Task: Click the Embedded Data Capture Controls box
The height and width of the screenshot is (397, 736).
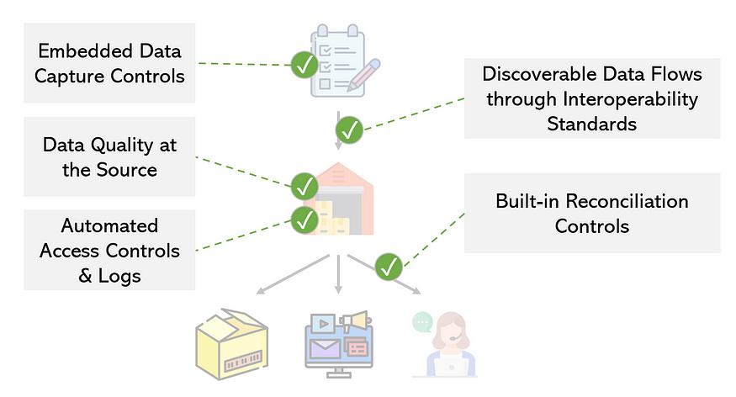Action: tap(109, 63)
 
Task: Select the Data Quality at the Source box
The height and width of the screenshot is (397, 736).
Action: tap(109, 157)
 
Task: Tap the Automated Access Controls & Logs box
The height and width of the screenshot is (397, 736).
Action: tap(109, 250)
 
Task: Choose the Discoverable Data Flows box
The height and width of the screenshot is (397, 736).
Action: tap(592, 99)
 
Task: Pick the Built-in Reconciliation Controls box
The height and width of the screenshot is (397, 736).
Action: tap(592, 214)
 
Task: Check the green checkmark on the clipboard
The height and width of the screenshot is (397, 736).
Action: tap(304, 65)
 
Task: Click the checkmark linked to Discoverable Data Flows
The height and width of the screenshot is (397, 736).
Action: tap(349, 130)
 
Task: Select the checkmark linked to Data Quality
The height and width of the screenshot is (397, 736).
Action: tap(304, 184)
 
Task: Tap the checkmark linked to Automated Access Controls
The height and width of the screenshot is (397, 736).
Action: tap(304, 220)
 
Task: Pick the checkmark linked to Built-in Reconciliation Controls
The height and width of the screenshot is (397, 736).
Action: tap(388, 267)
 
